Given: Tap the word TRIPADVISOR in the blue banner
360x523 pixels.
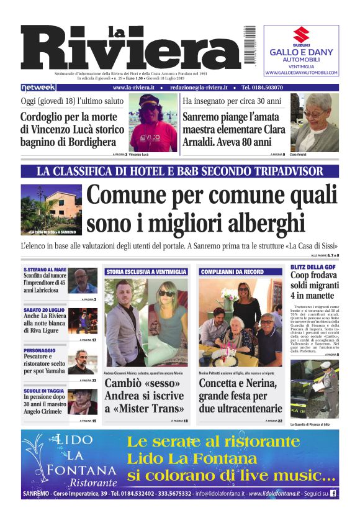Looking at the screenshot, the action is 288,171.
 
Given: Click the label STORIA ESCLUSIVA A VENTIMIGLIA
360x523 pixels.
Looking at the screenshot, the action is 146,272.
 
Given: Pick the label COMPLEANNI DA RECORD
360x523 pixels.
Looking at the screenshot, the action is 232,272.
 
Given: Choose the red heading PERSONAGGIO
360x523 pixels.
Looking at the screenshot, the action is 38,349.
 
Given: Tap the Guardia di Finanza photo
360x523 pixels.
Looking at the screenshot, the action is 315,389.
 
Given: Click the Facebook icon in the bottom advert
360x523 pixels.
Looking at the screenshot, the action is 333,494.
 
